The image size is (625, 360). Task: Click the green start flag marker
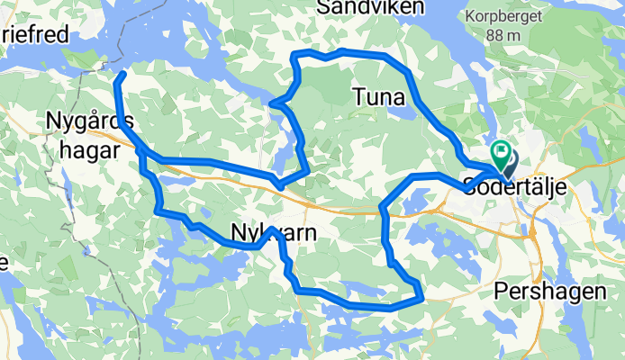[x=499, y=155]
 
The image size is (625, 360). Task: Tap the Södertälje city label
[x=506, y=187]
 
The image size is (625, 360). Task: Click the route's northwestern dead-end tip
[x=122, y=73]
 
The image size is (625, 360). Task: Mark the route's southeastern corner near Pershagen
[x=421, y=296]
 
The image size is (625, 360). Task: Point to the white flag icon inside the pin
[x=499, y=151]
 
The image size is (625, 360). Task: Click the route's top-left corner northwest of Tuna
[x=294, y=56]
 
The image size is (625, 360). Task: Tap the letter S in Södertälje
[x=469, y=187]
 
